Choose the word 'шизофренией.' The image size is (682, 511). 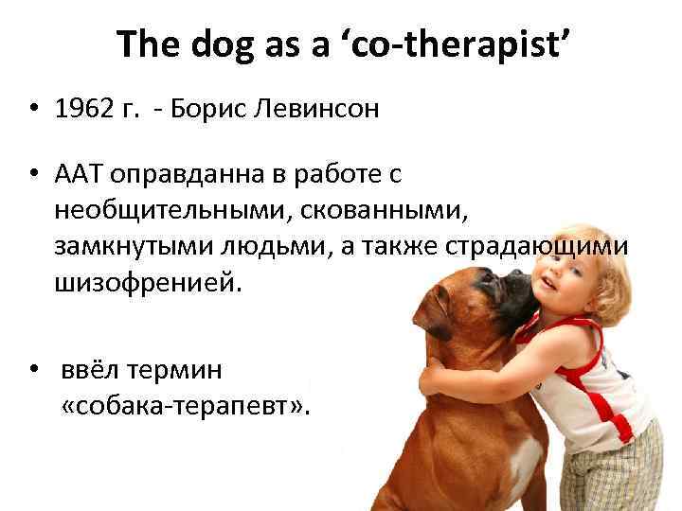pyautogui.click(x=149, y=280)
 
